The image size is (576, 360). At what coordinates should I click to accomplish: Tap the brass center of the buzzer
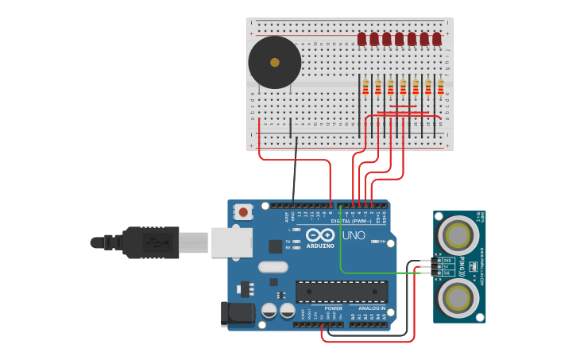[275, 62]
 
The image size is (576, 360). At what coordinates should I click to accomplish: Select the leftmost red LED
[361, 39]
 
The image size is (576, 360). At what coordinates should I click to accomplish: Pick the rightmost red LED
[436, 39]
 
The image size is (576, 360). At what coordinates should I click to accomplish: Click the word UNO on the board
[354, 235]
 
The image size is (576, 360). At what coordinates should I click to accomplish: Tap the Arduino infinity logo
[320, 235]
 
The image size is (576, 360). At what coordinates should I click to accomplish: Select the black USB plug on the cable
[151, 242]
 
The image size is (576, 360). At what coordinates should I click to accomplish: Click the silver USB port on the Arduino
[231, 242]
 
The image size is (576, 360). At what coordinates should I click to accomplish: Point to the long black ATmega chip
[342, 292]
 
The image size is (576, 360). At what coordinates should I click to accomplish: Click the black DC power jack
[238, 314]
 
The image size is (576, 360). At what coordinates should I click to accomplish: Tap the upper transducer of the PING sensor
[459, 235]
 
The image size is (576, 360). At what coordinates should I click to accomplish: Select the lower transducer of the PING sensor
[459, 298]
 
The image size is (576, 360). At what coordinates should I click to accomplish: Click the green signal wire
[373, 273]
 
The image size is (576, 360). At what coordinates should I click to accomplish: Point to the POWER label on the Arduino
[334, 308]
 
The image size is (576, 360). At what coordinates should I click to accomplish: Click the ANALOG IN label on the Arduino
[372, 308]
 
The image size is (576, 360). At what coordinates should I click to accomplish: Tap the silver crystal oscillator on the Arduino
[273, 267]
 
